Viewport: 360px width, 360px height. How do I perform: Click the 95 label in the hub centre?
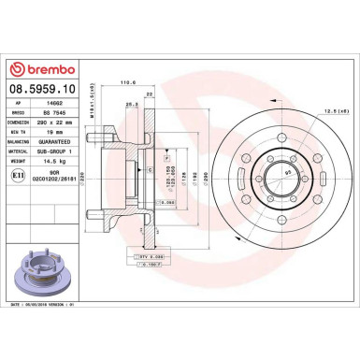(x=263, y=173)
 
